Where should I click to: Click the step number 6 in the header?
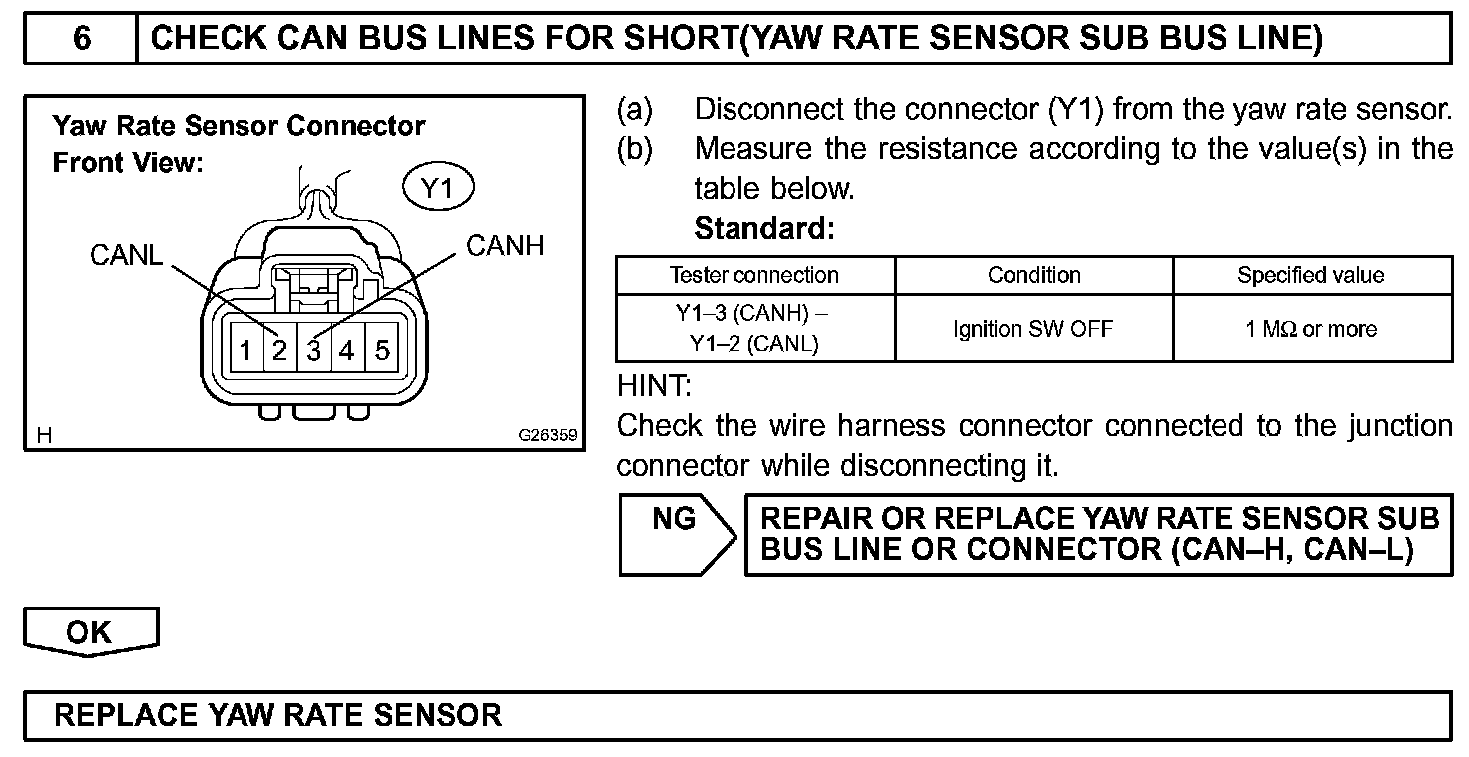click(81, 39)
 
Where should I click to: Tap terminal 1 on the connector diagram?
click(245, 350)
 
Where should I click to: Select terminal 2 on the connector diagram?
click(280, 350)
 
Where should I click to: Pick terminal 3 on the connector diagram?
click(314, 350)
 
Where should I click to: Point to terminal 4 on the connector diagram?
click(347, 350)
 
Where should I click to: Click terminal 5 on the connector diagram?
click(382, 350)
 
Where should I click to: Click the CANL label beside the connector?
click(126, 256)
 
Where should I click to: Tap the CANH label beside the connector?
click(505, 246)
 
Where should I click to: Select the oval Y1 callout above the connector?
click(438, 189)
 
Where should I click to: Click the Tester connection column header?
click(754, 275)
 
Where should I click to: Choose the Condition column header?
click(1034, 275)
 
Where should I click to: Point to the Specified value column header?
click(1311, 275)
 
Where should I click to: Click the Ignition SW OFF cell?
click(1034, 328)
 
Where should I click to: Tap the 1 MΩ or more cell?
click(1311, 328)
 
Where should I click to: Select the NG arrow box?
click(676, 533)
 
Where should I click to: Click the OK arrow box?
click(90, 632)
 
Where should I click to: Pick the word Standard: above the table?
click(764, 228)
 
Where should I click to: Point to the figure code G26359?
click(547, 436)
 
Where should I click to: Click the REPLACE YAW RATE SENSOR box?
click(736, 715)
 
